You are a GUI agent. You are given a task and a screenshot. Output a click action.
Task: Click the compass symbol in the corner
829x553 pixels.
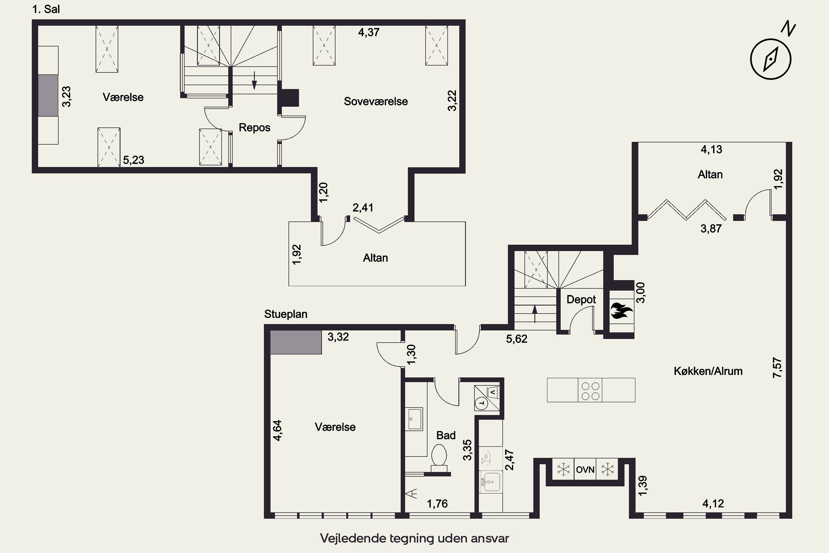(771, 59)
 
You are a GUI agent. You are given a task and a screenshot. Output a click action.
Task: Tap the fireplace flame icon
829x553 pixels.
(621, 310)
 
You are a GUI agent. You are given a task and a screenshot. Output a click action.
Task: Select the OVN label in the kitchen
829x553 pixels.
(585, 470)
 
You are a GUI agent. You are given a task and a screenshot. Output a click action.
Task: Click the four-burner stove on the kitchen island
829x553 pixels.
(590, 390)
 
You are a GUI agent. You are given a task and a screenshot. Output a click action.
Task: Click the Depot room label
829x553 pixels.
(581, 299)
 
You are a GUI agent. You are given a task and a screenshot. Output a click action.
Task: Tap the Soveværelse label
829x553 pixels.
(376, 101)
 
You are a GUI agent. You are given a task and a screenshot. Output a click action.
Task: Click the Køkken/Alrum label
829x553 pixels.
(708, 371)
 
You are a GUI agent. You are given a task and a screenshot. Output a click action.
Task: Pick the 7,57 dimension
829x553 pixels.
(777, 368)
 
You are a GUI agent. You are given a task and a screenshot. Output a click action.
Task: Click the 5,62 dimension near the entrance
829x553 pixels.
(517, 339)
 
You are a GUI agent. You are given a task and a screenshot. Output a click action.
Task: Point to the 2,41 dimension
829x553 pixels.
(363, 207)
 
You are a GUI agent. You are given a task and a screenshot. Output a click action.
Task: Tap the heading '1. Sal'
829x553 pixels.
(46, 9)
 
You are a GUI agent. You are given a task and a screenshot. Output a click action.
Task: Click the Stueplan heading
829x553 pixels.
(286, 314)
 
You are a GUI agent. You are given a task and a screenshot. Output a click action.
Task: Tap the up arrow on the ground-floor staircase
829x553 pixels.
(535, 314)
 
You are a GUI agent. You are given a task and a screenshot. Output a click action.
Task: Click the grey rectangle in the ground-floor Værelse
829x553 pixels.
(296, 342)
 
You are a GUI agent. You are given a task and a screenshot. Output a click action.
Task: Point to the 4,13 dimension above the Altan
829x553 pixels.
(711, 150)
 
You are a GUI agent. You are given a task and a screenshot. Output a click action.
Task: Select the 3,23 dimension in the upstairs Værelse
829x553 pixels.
(66, 96)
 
